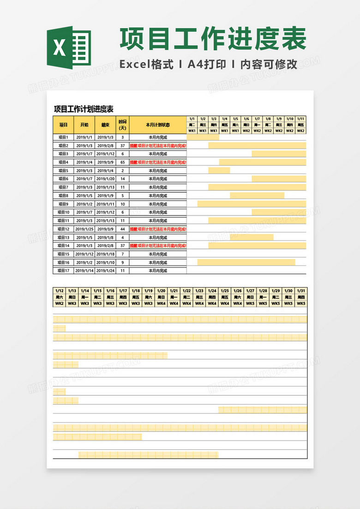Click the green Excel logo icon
tap(69, 48)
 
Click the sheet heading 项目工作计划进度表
tap(84, 109)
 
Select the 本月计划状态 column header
tap(158, 125)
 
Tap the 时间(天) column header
tap(122, 125)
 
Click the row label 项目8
tap(63, 196)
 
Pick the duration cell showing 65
tap(122, 162)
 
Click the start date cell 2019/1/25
tap(84, 229)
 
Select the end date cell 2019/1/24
tap(106, 271)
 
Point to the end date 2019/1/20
tap(106, 179)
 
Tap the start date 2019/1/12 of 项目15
tap(84, 254)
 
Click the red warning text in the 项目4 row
tap(158, 162)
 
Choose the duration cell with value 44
tap(122, 229)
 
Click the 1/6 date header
tap(246, 119)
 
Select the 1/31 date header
tap(301, 291)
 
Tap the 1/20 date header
tap(161, 291)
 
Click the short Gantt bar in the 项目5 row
tap(219, 170)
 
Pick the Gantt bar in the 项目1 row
tap(203, 137)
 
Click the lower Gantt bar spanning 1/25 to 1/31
tap(262, 410)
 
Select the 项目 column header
tap(63, 125)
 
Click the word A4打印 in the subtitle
tap(207, 65)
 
